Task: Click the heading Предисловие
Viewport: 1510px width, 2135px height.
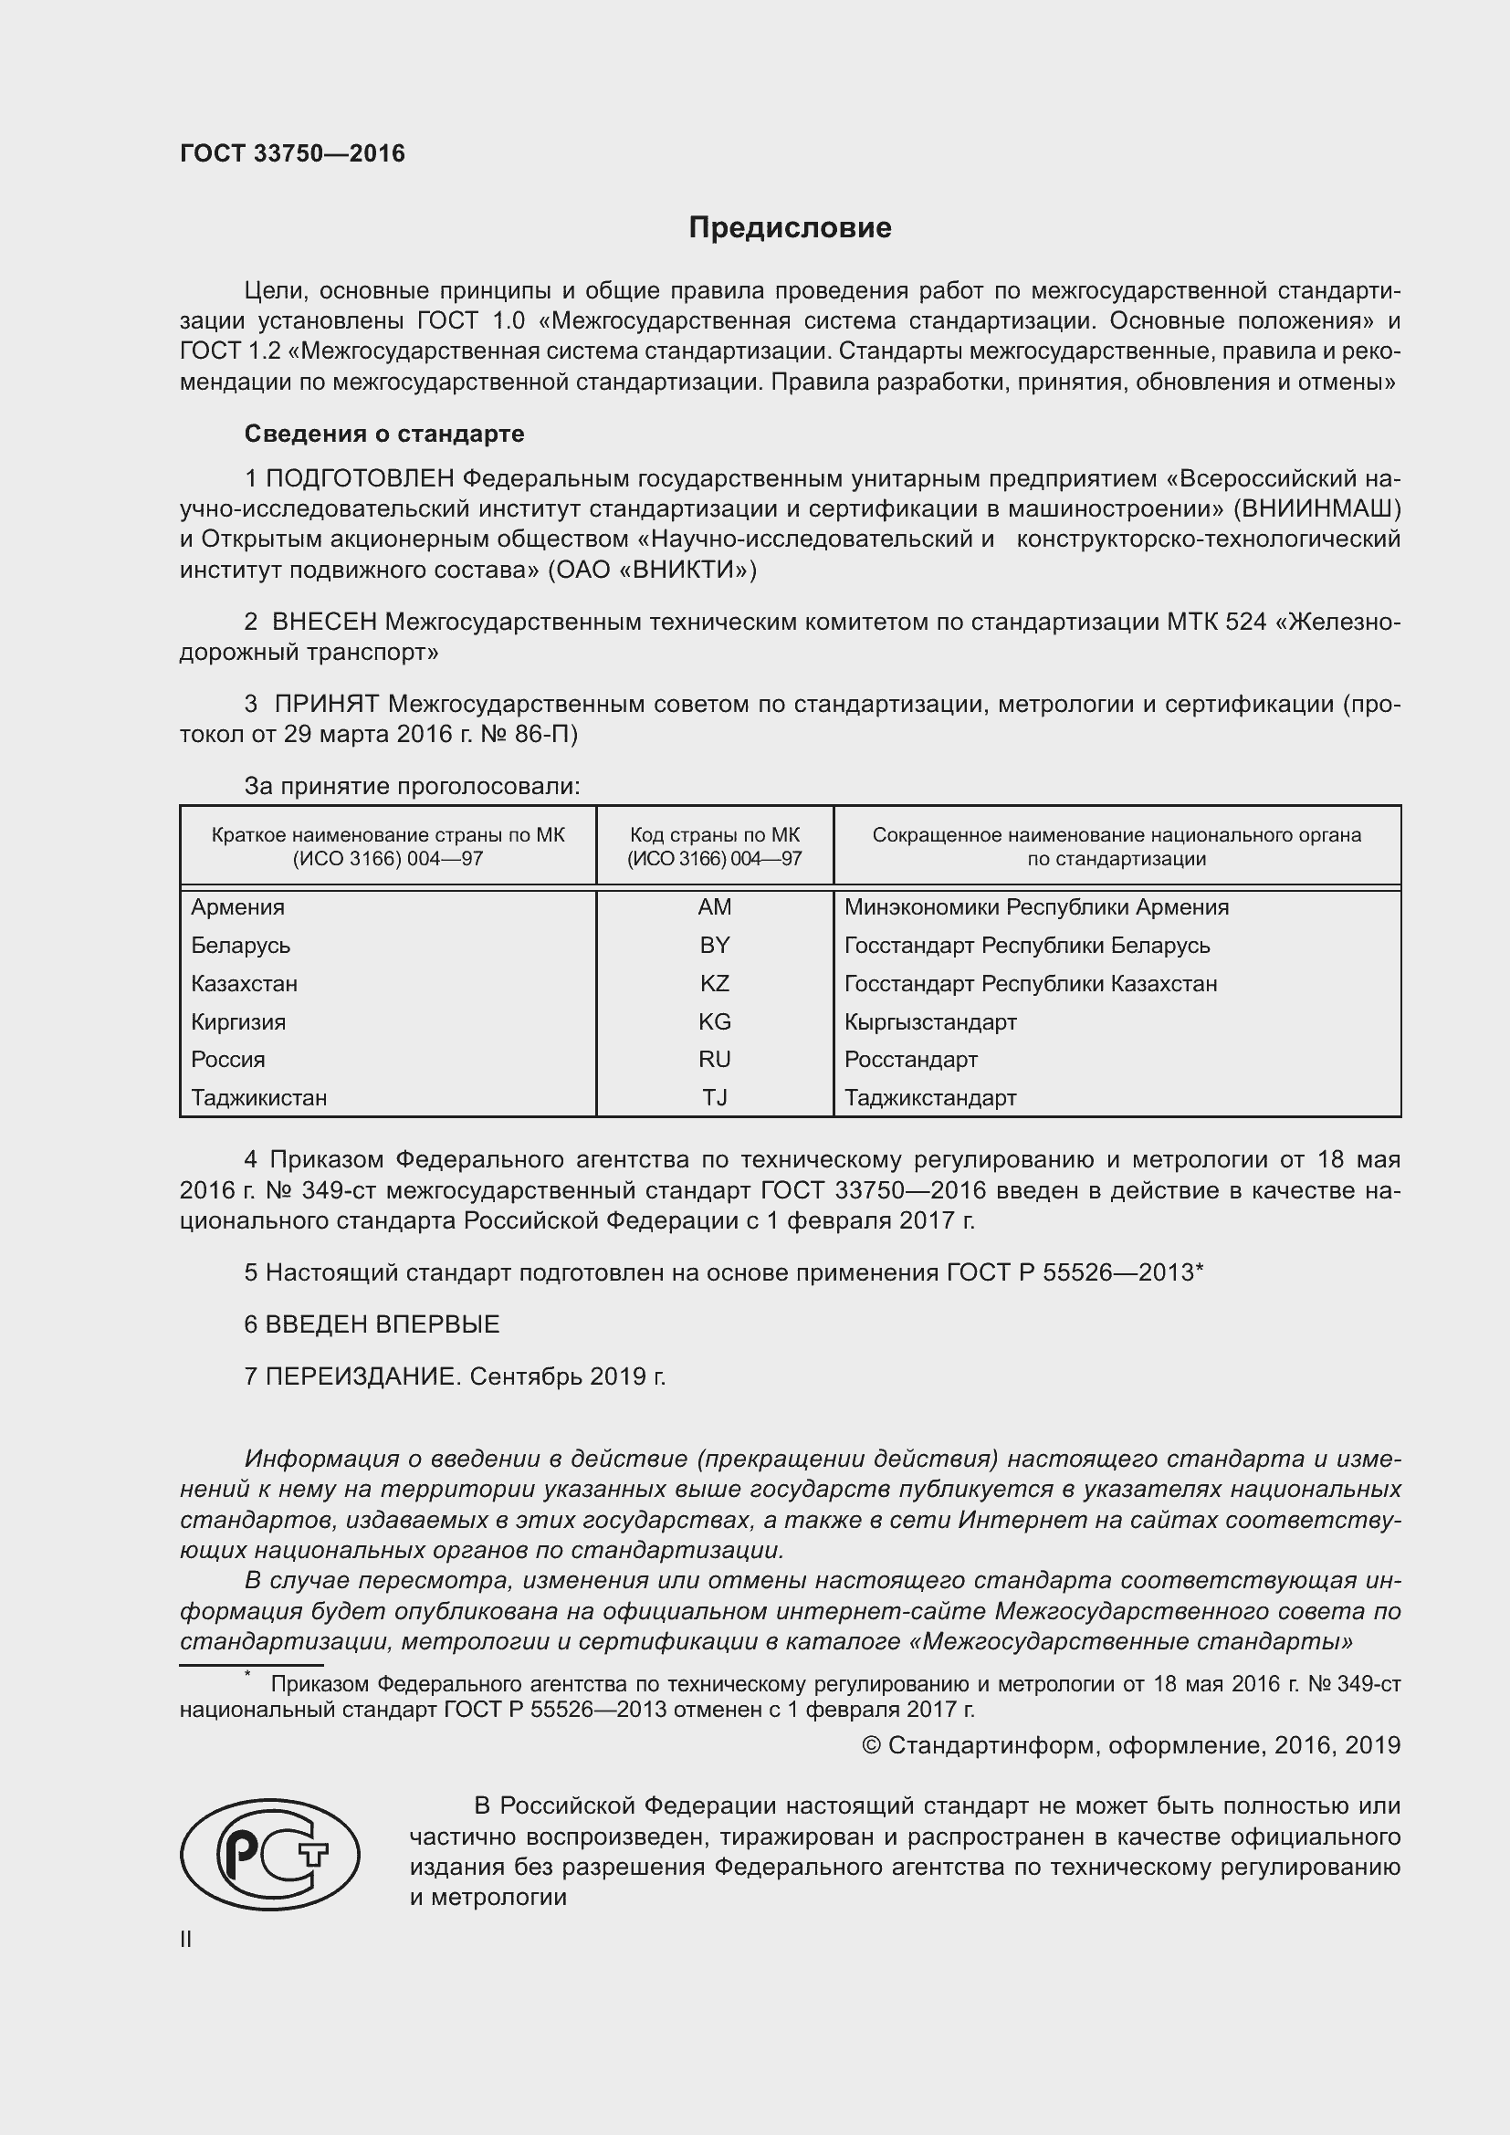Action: click(x=790, y=228)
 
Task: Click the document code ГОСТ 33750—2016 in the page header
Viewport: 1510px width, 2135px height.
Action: click(x=292, y=153)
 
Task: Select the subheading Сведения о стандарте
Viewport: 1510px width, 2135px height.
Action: click(x=384, y=434)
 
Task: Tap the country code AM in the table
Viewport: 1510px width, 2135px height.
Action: click(x=714, y=906)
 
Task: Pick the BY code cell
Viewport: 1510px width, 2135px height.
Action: click(x=714, y=945)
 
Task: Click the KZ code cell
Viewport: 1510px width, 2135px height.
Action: click(x=714, y=983)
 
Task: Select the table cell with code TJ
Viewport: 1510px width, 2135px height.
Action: click(x=714, y=1097)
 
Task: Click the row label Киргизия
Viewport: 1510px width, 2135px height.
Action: click(x=238, y=1022)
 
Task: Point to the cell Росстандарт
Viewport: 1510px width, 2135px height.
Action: click(x=910, y=1059)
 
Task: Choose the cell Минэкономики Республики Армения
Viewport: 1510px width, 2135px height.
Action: click(x=1036, y=906)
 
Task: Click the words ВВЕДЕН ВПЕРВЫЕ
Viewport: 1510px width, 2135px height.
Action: click(x=383, y=1324)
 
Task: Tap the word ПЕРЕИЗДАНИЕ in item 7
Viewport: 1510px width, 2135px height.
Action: click(x=362, y=1376)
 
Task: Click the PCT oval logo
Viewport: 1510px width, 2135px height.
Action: click(x=269, y=1854)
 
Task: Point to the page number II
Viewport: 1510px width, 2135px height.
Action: click(x=186, y=1939)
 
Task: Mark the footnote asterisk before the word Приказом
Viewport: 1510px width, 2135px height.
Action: click(x=248, y=1675)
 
